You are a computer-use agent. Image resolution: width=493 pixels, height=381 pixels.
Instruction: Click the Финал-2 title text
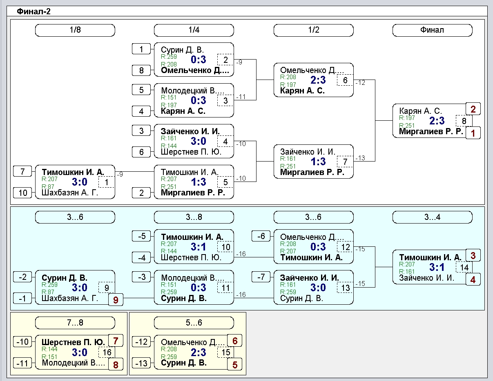pyautogui.click(x=33, y=11)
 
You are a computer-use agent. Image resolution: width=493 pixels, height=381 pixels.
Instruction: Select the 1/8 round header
pyautogui.click(x=75, y=30)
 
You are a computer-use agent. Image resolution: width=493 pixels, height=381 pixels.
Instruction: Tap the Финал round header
pyautogui.click(x=433, y=30)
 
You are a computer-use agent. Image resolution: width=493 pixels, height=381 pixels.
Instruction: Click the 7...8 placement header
pyautogui.click(x=75, y=323)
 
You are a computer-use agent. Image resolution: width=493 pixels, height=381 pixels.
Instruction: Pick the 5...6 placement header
pyautogui.click(x=194, y=323)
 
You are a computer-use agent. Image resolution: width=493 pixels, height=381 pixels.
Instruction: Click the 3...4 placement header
pyautogui.click(x=433, y=217)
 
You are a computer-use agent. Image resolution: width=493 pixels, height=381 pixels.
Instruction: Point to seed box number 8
pyautogui.click(x=141, y=71)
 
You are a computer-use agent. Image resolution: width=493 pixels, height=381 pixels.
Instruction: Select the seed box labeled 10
pyautogui.click(x=22, y=193)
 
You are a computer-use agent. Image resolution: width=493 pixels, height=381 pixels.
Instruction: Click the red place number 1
pyautogui.click(x=473, y=133)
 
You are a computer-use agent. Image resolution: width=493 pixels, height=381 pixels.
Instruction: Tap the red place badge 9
pyautogui.click(x=116, y=300)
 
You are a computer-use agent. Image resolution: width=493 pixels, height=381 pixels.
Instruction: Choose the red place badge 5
pyautogui.click(x=235, y=364)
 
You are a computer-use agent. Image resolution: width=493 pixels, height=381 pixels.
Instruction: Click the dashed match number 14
pyautogui.click(x=464, y=268)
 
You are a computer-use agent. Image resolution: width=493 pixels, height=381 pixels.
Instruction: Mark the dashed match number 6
pyautogui.click(x=345, y=80)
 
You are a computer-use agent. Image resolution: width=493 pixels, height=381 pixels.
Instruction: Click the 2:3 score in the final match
pyautogui.click(x=437, y=121)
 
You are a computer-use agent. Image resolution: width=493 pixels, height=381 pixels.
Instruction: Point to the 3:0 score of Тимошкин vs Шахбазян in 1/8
pyautogui.click(x=80, y=182)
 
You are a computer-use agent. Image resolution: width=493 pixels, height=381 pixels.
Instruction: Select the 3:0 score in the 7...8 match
pyautogui.click(x=80, y=352)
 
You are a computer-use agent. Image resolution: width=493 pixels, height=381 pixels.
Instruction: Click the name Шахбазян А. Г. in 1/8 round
pyautogui.click(x=70, y=193)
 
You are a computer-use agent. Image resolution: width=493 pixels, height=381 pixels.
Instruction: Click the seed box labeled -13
pyautogui.click(x=141, y=363)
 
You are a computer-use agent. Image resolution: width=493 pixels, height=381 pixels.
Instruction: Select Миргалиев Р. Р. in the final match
pyautogui.click(x=431, y=131)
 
